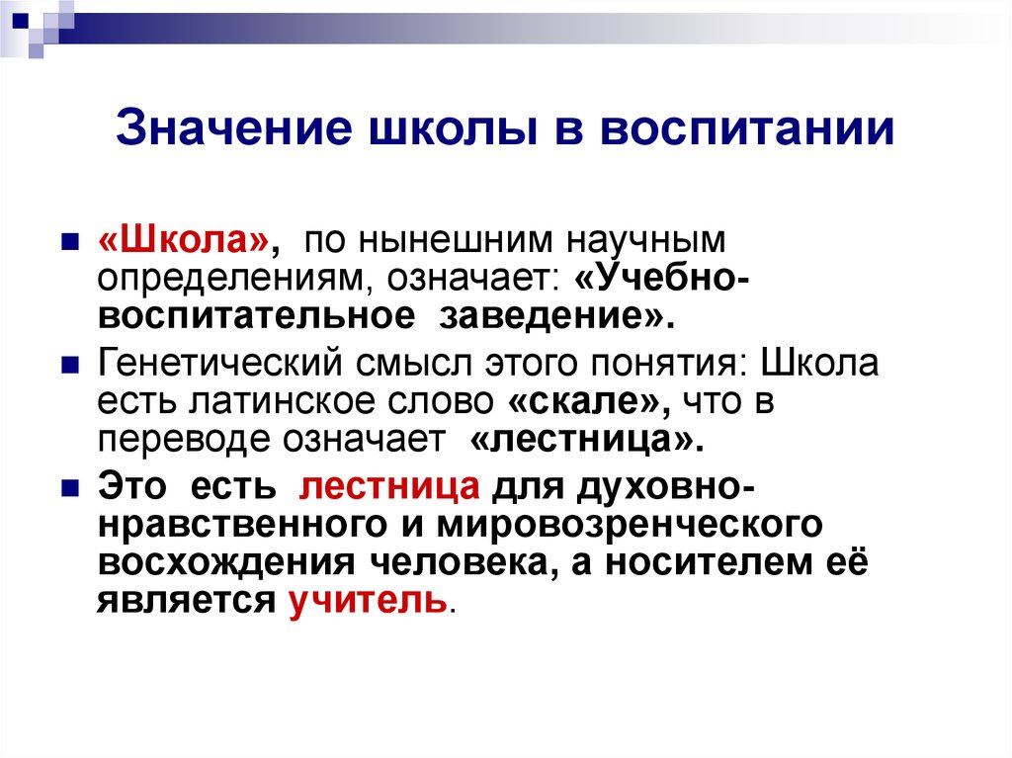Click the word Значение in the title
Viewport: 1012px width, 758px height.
pos(234,127)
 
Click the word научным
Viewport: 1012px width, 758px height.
pos(646,241)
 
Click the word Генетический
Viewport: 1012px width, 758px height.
pos(219,364)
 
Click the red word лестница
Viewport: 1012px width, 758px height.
pos(389,487)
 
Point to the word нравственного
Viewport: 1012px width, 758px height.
pos(243,525)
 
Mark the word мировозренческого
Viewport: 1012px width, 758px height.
pos(630,525)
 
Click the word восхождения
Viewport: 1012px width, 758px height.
pos(226,562)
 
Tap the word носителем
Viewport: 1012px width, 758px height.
pos(706,562)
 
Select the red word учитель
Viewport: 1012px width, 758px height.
pos(368,601)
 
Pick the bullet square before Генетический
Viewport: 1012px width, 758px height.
pos(70,366)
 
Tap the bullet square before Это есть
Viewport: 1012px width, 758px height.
pos(70,487)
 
